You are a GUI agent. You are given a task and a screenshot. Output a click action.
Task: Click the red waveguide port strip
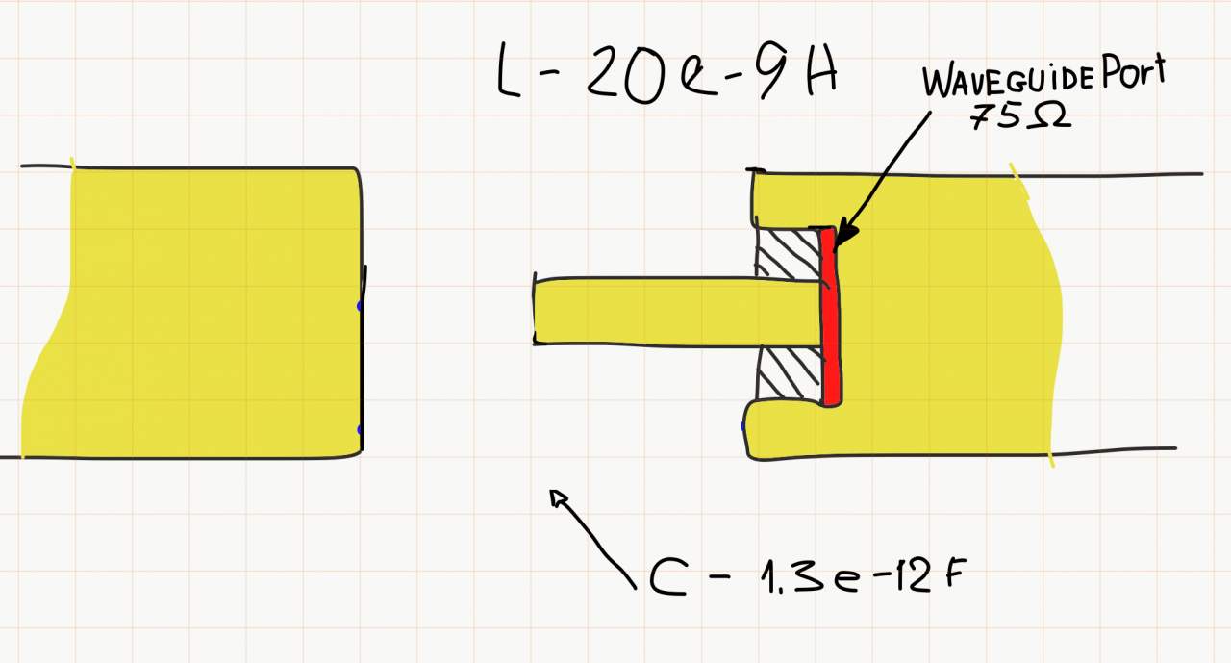[x=831, y=318]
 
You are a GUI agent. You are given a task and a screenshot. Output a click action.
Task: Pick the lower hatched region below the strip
[x=789, y=372]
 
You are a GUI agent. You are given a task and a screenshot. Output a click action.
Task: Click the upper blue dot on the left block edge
[x=359, y=306]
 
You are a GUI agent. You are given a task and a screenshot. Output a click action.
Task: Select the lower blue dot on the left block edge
[x=360, y=429]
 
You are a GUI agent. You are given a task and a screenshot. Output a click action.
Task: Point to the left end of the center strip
[x=537, y=311]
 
